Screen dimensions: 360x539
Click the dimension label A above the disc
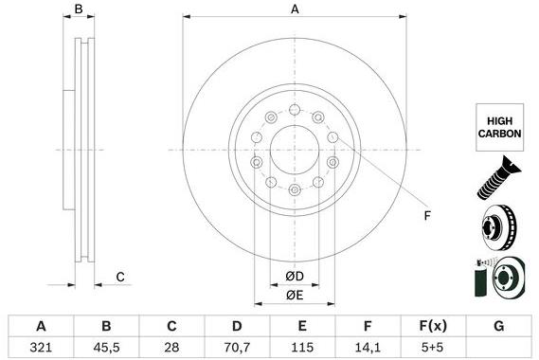pos(295,9)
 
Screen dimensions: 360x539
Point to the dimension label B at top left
pos(80,9)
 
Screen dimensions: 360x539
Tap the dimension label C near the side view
pos(120,277)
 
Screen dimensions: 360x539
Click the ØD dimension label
pos(295,277)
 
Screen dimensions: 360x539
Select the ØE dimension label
pos(295,296)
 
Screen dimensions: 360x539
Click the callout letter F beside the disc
pos(426,217)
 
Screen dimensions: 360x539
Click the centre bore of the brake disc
pos(295,150)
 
